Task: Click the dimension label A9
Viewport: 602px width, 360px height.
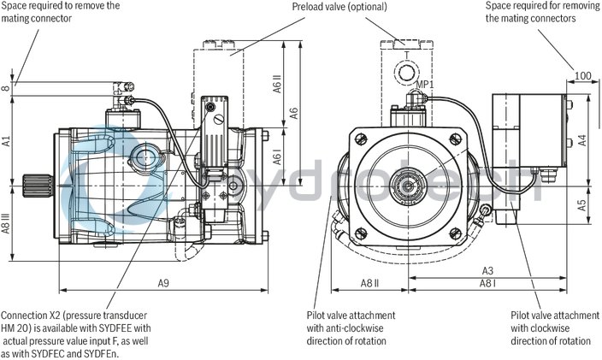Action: [x=162, y=282]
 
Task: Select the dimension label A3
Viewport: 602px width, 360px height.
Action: [x=487, y=270]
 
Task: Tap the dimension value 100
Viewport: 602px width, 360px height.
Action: [x=581, y=76]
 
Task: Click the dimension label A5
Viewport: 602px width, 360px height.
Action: [x=582, y=204]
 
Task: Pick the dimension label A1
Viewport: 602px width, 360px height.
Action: [x=6, y=139]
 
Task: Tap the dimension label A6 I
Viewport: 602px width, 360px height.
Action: [x=278, y=158]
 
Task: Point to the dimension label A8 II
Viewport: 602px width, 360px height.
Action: [x=369, y=282]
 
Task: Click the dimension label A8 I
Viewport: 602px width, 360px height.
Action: [x=487, y=282]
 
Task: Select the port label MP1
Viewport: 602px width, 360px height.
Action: [x=423, y=85]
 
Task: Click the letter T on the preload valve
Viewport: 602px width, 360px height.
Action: [x=407, y=54]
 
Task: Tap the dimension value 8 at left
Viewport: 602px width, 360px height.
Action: [x=6, y=87]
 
